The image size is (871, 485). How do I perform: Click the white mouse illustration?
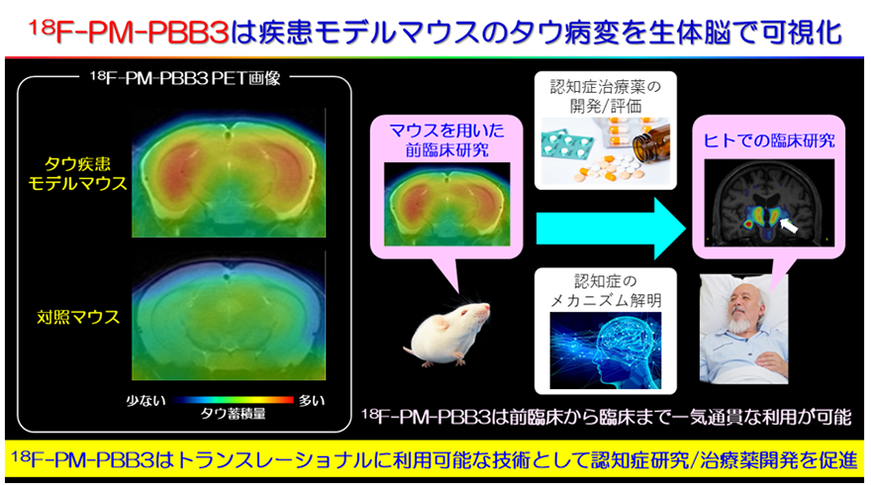coord(447,334)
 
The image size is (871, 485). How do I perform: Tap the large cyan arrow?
coord(610,229)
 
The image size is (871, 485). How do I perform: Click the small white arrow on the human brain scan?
coord(789,225)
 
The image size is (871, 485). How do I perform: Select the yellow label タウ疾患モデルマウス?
coord(77,173)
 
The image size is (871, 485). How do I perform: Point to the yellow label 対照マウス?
coord(78,317)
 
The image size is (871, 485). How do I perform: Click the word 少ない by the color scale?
coord(145,400)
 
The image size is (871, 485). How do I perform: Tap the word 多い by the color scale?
coord(311,400)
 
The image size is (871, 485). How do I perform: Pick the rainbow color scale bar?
coord(233,400)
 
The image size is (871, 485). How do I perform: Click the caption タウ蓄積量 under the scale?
coord(233,414)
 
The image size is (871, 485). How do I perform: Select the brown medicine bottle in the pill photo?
coord(651,145)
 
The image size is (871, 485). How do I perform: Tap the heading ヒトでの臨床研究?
coord(769,141)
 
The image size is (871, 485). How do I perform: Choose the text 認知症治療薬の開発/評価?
coord(606,96)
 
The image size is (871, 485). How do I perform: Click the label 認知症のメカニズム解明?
coord(606,291)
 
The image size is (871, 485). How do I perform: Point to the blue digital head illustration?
coord(606,350)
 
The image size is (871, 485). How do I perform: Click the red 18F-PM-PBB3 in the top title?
coord(129,33)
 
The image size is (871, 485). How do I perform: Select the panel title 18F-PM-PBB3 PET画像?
coord(185,78)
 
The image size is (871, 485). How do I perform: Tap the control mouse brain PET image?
coord(229,316)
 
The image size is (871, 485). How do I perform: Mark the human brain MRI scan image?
coord(769,203)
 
